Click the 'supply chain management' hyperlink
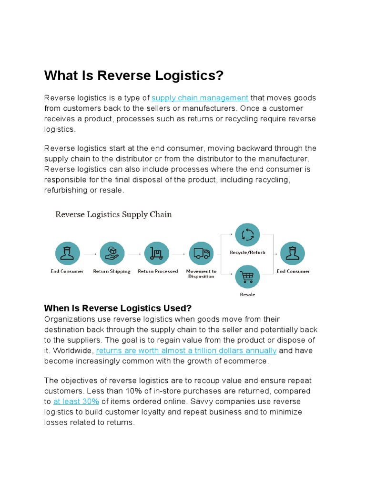click(200, 98)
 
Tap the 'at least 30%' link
click(76, 402)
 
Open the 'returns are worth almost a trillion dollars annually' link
click(186, 351)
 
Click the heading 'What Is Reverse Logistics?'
click(134, 76)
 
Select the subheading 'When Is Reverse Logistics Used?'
click(118, 308)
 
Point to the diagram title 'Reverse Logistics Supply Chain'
click(113, 214)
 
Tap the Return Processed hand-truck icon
click(157, 254)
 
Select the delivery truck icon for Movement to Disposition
click(201, 254)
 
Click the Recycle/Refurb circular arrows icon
click(247, 234)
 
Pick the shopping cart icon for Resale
click(247, 276)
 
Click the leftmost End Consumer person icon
click(67, 254)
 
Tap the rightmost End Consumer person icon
click(293, 254)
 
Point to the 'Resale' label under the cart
click(247, 295)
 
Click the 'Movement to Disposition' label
click(201, 274)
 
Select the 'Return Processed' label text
click(158, 271)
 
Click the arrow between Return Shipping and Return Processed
click(134, 254)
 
